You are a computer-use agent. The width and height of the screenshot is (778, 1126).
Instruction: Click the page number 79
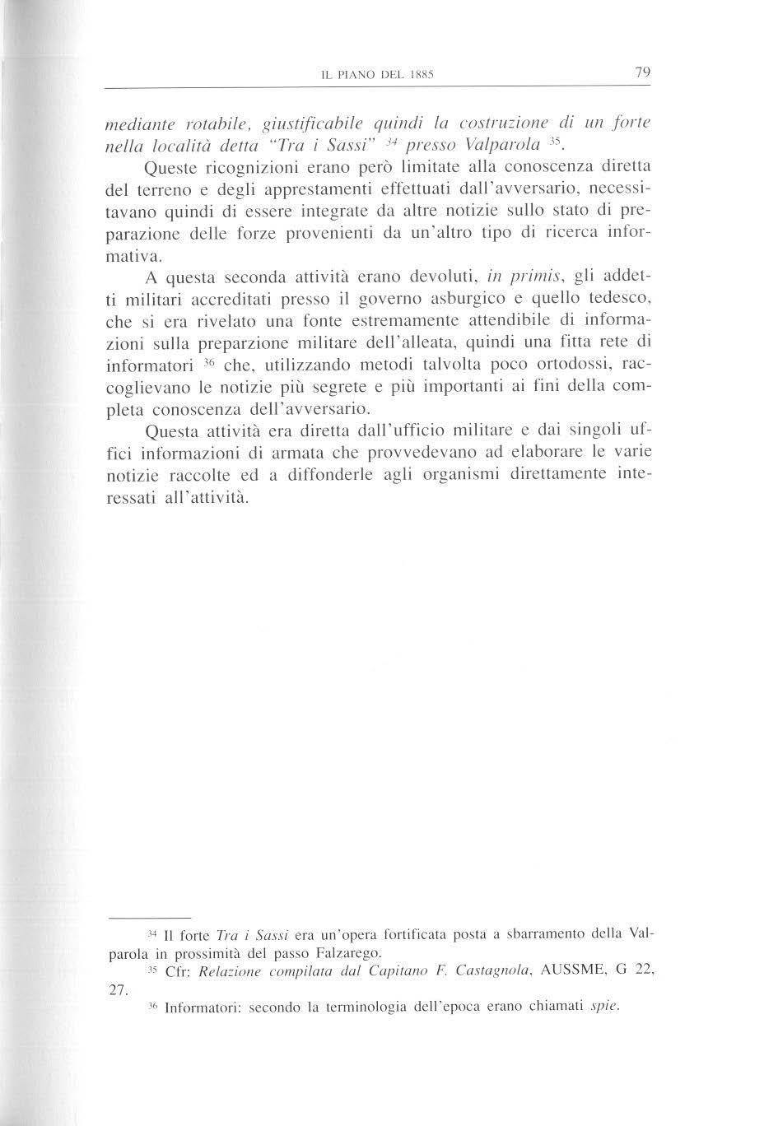(643, 73)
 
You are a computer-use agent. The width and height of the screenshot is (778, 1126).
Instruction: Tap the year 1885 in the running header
(420, 76)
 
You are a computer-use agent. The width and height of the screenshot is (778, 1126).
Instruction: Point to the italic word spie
(604, 1006)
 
